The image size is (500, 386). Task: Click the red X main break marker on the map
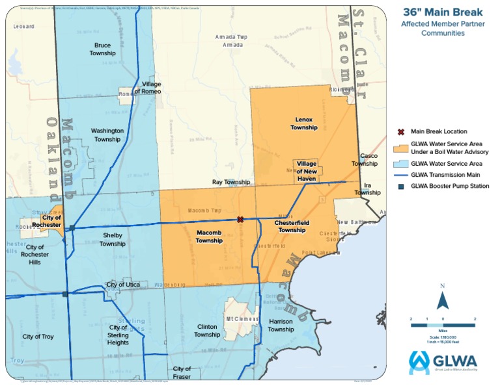(x=240, y=220)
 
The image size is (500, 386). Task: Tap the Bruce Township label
(x=102, y=49)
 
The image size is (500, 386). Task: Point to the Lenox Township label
(x=304, y=124)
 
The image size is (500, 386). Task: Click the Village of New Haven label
(x=307, y=170)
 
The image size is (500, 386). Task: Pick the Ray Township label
(x=231, y=183)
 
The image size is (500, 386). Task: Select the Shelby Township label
(x=113, y=240)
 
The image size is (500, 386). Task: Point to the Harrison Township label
(x=281, y=326)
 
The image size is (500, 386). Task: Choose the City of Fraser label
(x=182, y=372)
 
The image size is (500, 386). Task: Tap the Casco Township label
(x=368, y=160)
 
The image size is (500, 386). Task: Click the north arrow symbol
(x=443, y=300)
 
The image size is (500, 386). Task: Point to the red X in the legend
(x=401, y=132)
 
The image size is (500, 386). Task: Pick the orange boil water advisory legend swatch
(x=401, y=148)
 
